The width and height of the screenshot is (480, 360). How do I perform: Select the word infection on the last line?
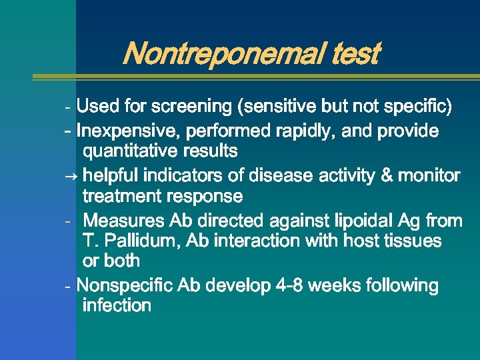[117, 306]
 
